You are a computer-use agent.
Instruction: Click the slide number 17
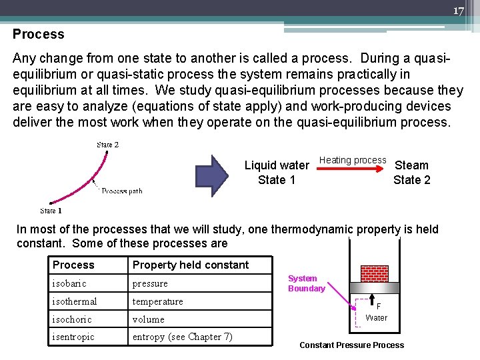[458, 11]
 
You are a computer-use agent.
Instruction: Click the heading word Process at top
[39, 34]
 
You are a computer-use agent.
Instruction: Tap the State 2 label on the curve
[108, 145]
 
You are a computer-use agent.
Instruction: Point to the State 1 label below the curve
[51, 211]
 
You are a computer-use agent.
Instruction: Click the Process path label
[122, 191]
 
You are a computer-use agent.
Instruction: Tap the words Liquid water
[277, 165]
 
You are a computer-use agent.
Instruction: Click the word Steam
[412, 165]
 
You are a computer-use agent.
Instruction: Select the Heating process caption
[353, 160]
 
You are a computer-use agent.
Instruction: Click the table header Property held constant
[191, 265]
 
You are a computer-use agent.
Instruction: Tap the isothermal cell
[75, 301]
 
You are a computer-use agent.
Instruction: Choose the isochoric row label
[72, 319]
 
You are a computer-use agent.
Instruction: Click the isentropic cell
[73, 337]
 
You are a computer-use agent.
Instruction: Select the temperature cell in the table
[157, 301]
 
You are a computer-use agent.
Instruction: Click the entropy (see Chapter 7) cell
[182, 337]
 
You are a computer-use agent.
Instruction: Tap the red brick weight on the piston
[373, 273]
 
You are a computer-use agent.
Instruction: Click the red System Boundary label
[306, 283]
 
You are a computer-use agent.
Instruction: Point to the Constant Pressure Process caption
[351, 345]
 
